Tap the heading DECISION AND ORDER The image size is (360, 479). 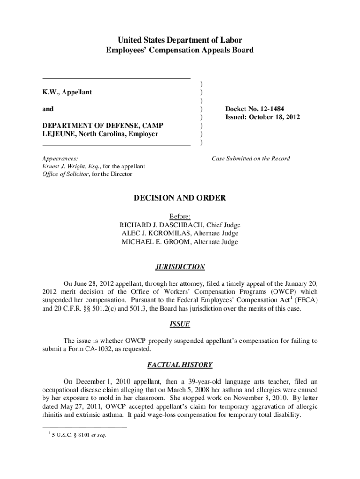[180, 198]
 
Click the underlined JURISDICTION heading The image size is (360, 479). [180, 267]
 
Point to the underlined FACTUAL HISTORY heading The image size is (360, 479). [180, 365]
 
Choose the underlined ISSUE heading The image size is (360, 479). [180, 324]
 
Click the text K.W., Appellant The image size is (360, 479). [67, 92]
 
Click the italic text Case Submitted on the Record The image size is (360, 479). [251, 159]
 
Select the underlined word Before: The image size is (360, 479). [180, 217]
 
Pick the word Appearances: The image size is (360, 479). [60, 159]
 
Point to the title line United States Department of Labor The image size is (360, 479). [180, 40]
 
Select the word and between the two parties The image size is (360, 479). [48, 109]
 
